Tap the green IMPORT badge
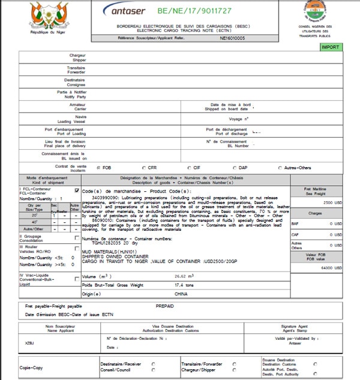coord(329,47)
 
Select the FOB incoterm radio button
coord(98,168)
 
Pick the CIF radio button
coord(190,168)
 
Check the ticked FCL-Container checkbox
coord(76,191)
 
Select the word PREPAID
coord(164,306)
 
